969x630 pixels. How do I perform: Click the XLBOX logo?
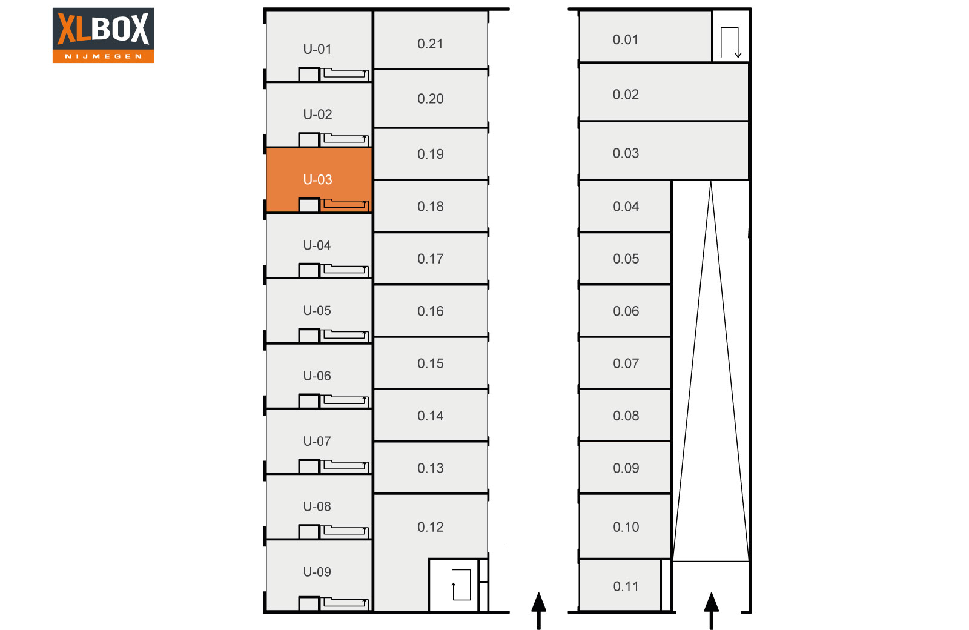pyautogui.click(x=103, y=35)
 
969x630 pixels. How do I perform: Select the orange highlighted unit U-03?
pyautogui.click(x=319, y=180)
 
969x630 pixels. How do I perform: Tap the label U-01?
pyautogui.click(x=317, y=49)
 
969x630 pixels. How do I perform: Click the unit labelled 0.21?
pyautogui.click(x=431, y=39)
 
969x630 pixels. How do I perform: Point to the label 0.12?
pyautogui.click(x=431, y=527)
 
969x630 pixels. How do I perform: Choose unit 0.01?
pyautogui.click(x=645, y=36)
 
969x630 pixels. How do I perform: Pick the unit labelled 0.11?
pyautogui.click(x=620, y=585)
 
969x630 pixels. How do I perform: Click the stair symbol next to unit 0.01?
pyautogui.click(x=731, y=42)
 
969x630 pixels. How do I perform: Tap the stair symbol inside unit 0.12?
pyautogui.click(x=461, y=585)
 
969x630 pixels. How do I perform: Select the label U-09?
pyautogui.click(x=317, y=572)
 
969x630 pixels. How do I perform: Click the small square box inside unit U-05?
pyautogui.click(x=309, y=336)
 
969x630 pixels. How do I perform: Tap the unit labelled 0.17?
pyautogui.click(x=431, y=258)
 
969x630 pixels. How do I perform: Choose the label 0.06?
pyautogui.click(x=626, y=311)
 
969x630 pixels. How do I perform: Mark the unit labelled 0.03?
pyautogui.click(x=664, y=151)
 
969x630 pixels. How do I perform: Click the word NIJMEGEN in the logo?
pyautogui.click(x=104, y=56)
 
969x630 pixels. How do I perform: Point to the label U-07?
pyautogui.click(x=317, y=442)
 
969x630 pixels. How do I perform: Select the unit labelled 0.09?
pyautogui.click(x=624, y=468)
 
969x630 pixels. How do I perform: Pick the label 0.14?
pyautogui.click(x=431, y=416)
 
